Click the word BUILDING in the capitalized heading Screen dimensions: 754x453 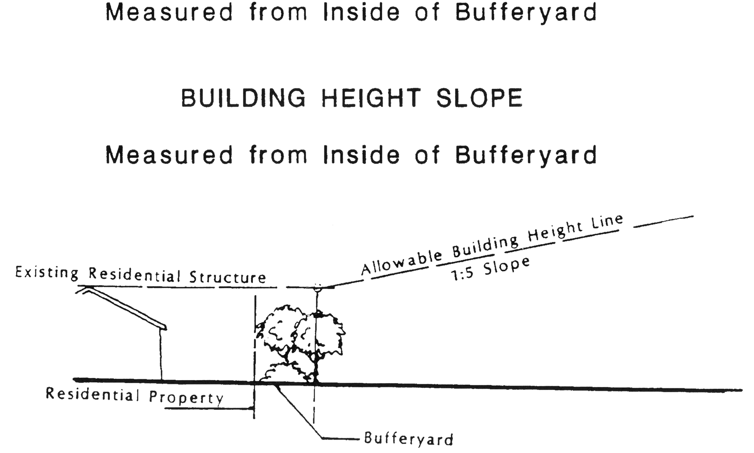[243, 98]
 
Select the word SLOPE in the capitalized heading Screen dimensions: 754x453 [479, 98]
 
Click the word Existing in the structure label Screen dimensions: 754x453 [47, 273]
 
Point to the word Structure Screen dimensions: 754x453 [228, 277]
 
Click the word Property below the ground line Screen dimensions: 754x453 [187, 397]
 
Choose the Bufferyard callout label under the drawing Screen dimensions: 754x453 [408, 438]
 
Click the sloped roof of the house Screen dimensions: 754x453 [125, 307]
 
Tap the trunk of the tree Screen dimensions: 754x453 [317, 367]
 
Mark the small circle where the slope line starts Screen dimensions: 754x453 [318, 288]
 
